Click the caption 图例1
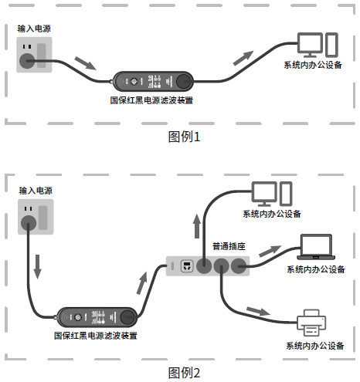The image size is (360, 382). coord(184,137)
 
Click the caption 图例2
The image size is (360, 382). coord(184,373)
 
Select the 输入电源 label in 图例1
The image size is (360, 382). coord(35,29)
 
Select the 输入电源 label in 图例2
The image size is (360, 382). coord(35,190)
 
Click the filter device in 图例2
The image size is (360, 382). coord(96,316)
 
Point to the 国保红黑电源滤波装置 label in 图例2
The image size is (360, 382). coord(96,336)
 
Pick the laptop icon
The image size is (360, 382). coord(315,248)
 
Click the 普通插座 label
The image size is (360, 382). coord(229,246)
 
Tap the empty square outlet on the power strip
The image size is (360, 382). coord(186,266)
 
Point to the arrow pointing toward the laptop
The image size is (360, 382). coord(271,252)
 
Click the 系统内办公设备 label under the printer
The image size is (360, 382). coord(315,347)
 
